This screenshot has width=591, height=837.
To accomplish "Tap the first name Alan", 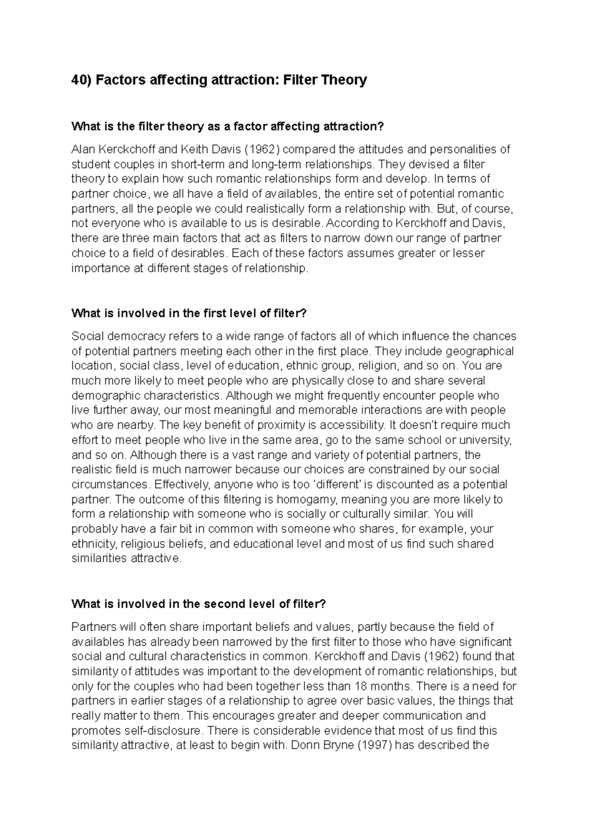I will click(x=84, y=149).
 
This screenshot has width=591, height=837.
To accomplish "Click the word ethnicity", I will click(x=94, y=544).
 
